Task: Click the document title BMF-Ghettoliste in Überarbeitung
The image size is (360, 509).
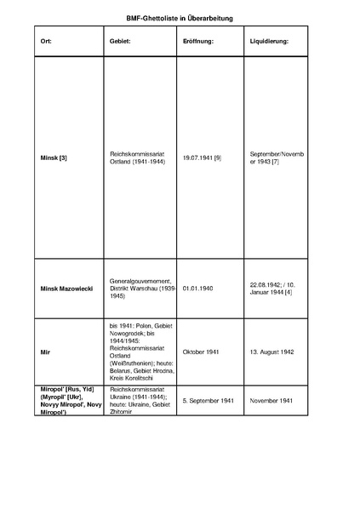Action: [x=179, y=17]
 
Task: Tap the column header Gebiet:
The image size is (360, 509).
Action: [x=120, y=41]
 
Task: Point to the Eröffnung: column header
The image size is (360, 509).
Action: [x=198, y=41]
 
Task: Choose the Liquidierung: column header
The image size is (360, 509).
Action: [x=269, y=41]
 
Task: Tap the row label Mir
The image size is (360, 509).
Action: [x=44, y=352]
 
